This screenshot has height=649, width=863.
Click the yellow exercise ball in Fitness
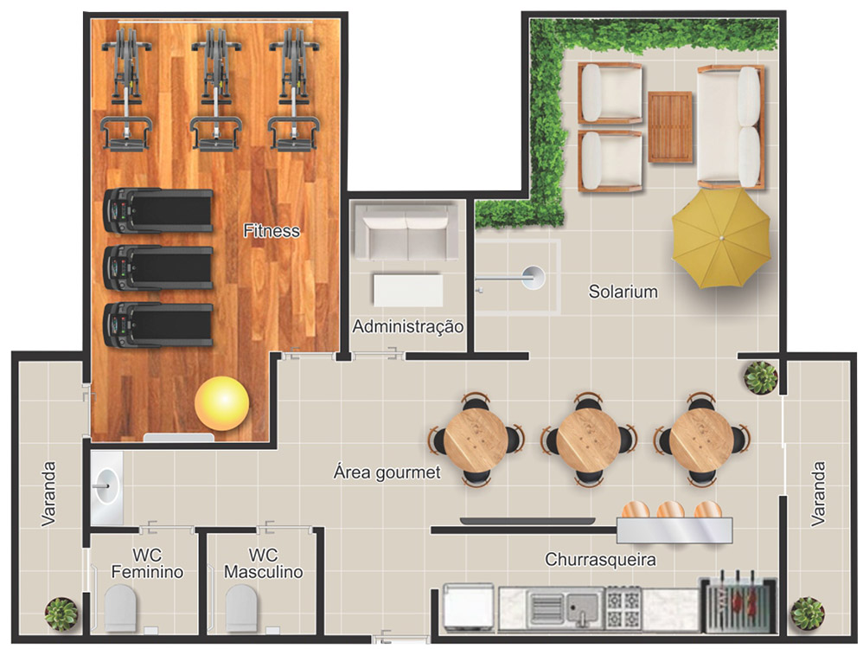(222, 403)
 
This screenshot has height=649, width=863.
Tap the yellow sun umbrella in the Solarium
(721, 238)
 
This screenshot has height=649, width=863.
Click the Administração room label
(408, 327)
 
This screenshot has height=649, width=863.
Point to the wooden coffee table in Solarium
(670, 127)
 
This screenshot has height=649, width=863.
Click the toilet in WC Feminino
(120, 608)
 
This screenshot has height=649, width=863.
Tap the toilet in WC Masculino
(241, 608)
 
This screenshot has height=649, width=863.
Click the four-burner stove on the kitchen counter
(623, 607)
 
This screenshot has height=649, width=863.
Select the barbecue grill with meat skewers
(738, 604)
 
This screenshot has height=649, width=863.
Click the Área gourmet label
(387, 472)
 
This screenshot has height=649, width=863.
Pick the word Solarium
(623, 291)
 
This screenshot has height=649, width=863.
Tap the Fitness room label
(272, 230)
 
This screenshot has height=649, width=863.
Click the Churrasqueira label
(600, 559)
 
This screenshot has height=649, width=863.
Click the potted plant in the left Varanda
(61, 614)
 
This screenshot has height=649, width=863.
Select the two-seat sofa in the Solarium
(731, 127)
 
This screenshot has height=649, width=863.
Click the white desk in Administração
(408, 290)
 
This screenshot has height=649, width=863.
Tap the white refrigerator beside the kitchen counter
(469, 607)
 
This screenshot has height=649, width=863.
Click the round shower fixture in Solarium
(533, 277)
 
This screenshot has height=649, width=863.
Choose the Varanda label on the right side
(818, 493)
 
